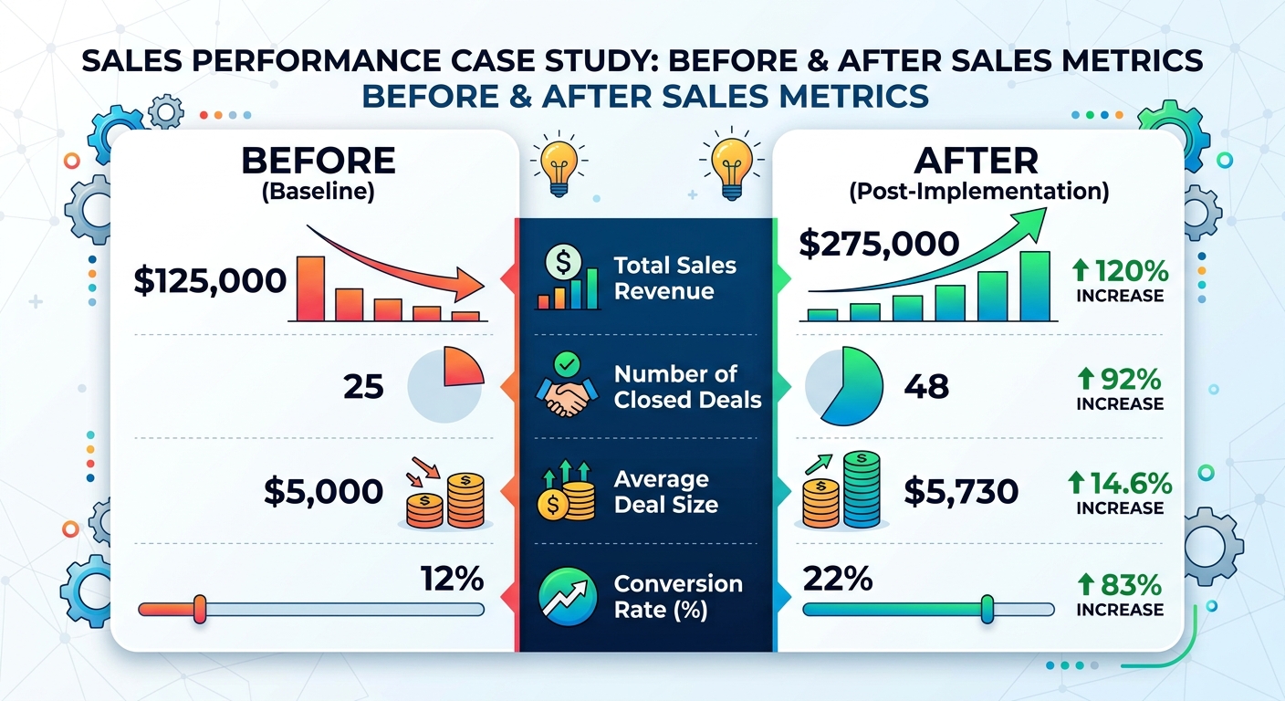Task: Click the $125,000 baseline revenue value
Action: coord(210,281)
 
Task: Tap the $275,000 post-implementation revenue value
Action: coord(879,244)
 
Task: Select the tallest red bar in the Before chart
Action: coord(310,288)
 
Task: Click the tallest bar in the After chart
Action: coord(1035,286)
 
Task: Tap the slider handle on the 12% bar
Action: coord(200,609)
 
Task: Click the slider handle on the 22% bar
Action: coord(987,609)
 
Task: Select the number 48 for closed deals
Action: coord(925,387)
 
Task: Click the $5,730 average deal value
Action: coord(960,492)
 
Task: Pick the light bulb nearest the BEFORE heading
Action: coord(555,162)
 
